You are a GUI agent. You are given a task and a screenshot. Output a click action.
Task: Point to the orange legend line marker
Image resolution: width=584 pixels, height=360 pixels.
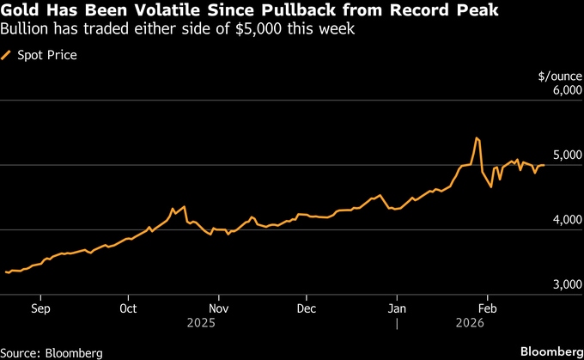(9, 55)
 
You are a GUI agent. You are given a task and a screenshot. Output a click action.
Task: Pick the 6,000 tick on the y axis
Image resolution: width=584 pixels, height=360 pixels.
(555, 91)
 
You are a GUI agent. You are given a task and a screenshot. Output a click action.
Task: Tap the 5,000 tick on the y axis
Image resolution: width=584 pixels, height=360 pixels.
(555, 156)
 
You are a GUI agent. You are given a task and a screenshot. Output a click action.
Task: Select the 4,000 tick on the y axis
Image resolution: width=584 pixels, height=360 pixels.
(555, 221)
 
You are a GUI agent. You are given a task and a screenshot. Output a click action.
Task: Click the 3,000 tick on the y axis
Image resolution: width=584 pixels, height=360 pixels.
(555, 284)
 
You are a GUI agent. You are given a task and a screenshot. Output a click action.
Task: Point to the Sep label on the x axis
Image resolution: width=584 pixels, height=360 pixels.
(40, 308)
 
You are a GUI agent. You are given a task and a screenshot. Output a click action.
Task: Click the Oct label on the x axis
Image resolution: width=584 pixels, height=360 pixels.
(129, 308)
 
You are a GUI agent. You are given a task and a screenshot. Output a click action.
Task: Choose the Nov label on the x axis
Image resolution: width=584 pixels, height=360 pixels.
(218, 308)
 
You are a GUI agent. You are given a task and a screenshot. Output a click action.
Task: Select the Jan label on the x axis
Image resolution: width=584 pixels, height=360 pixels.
(397, 308)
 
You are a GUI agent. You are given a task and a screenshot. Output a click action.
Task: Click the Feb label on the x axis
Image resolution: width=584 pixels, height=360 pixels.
(487, 308)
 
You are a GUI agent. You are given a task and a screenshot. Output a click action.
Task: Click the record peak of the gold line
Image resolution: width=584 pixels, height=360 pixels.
(476, 137)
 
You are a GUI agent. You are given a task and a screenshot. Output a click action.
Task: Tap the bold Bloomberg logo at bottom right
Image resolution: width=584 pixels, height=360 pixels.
(550, 352)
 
